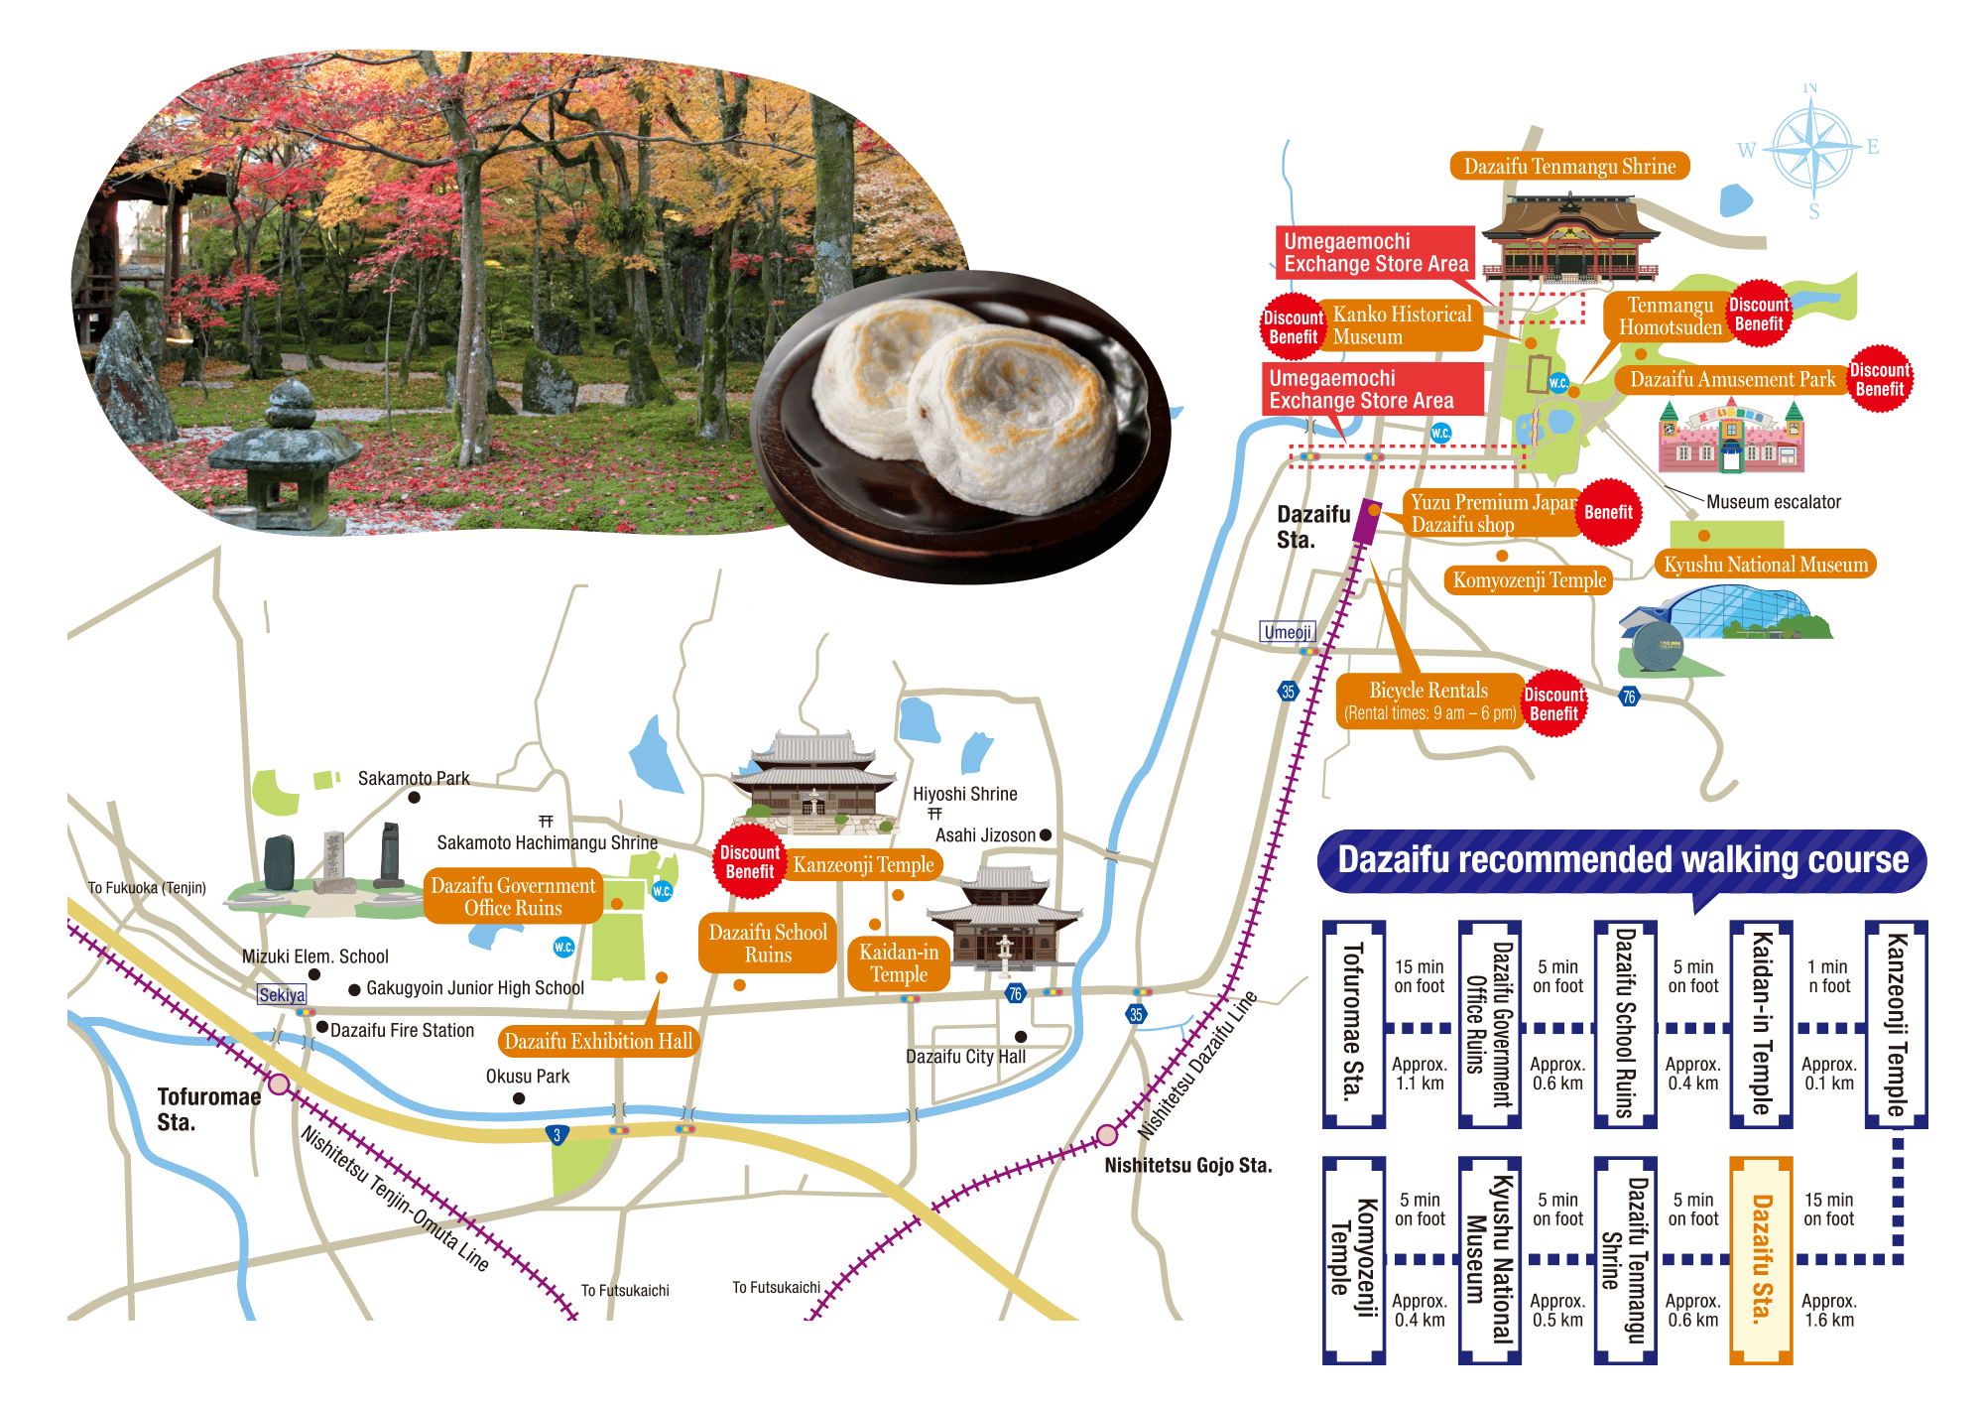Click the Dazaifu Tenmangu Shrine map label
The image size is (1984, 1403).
pos(1569,166)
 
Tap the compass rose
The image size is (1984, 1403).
pos(1812,150)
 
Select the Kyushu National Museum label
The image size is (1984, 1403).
pos(1765,565)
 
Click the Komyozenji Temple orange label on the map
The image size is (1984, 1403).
pos(1529,580)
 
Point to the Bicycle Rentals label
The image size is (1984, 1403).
pos(1429,701)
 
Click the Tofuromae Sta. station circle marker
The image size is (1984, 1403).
pos(279,1084)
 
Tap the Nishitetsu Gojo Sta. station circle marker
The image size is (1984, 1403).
pos(1107,1134)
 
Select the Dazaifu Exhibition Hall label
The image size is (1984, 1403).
pos(598,1041)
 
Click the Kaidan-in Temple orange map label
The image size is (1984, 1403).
pos(899,962)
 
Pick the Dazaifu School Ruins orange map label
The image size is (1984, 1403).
pos(768,943)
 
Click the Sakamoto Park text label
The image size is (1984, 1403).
pos(414,778)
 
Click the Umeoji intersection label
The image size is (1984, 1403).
pos(1288,632)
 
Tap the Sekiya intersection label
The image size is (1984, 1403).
pos(282,994)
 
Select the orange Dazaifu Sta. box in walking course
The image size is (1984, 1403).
pos(1761,1260)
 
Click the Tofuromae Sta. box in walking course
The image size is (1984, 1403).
pos(1353,1024)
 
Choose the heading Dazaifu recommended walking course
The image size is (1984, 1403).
pos(1622,860)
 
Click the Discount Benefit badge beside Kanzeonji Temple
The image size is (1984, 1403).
pos(749,861)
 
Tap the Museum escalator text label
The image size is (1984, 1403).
pos(1773,502)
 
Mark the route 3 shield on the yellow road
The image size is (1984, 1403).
pos(558,1135)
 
